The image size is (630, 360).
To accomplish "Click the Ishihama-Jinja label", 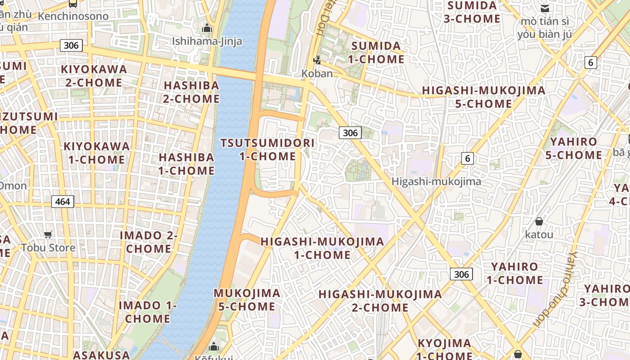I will tap(207, 42).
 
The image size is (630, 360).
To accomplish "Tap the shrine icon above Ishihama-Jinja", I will tap(207, 28).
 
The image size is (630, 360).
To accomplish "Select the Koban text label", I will tap(317, 73).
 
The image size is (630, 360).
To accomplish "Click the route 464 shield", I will tap(63, 201).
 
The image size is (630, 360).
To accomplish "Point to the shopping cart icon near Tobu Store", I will tap(48, 234).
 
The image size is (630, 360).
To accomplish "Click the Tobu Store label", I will tap(48, 247).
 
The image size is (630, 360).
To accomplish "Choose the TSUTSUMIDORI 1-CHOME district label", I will tap(267, 150).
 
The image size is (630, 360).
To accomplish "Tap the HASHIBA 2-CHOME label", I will tap(191, 92).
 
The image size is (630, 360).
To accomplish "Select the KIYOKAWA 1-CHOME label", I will tap(97, 153).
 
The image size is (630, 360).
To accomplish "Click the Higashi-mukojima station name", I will tap(436, 181).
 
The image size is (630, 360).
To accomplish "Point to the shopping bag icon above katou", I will tap(539, 221).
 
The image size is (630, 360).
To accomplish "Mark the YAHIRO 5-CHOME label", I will tap(573, 148).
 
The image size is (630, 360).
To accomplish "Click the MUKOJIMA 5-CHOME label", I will tap(247, 300).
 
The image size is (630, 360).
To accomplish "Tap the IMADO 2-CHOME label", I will tap(148, 242).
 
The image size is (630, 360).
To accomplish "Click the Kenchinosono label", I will tap(73, 16).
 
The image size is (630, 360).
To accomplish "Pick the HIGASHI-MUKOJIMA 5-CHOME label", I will tap(483, 97).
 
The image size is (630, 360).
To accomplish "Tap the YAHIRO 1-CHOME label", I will tap(515, 273).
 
